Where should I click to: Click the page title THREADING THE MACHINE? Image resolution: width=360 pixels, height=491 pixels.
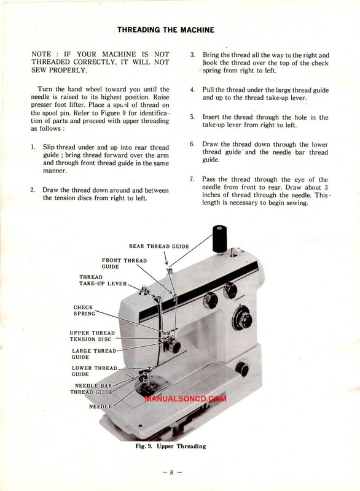166,30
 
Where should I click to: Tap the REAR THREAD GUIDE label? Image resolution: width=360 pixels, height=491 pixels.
159,247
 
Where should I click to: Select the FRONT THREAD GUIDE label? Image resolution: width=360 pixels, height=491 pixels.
124,263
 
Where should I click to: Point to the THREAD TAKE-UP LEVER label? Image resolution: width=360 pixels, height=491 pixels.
103,280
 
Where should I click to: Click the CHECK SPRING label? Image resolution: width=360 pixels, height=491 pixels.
84,311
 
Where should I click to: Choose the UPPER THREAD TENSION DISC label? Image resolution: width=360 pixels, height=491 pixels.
92,336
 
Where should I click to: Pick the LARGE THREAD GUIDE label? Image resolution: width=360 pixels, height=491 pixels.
94,354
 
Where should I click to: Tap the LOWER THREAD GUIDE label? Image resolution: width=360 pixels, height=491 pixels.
95,371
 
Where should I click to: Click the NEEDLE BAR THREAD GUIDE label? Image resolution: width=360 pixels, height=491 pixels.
91,389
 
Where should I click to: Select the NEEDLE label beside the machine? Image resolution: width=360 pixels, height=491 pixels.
100,406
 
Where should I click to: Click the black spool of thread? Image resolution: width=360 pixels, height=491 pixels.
220,238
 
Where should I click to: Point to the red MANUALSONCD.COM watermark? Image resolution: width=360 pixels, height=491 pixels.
186,398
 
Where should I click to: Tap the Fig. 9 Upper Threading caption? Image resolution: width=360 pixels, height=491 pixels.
171,446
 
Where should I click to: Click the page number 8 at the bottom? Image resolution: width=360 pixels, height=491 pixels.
171,472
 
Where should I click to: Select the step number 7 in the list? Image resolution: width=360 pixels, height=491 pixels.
192,179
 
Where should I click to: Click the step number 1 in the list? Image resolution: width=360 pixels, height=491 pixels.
33,147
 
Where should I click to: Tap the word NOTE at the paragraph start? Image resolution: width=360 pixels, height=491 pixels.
41,54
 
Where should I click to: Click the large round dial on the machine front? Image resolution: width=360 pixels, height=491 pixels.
242,319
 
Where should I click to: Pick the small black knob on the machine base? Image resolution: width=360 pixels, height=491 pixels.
242,369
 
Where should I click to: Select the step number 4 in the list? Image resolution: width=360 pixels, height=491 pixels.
192,90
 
